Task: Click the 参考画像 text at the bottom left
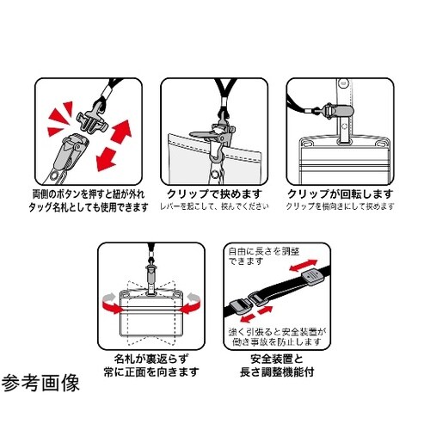click(x=41, y=384)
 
